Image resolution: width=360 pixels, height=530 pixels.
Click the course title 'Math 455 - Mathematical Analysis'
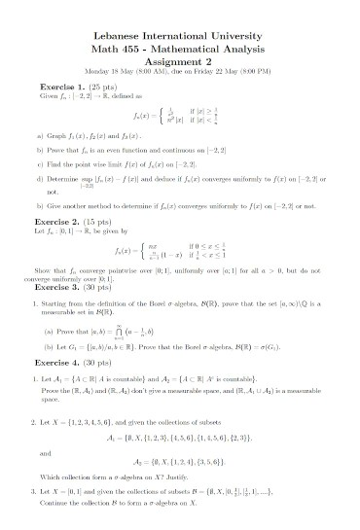[179, 47]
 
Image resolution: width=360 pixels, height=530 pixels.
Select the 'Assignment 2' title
[179, 58]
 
